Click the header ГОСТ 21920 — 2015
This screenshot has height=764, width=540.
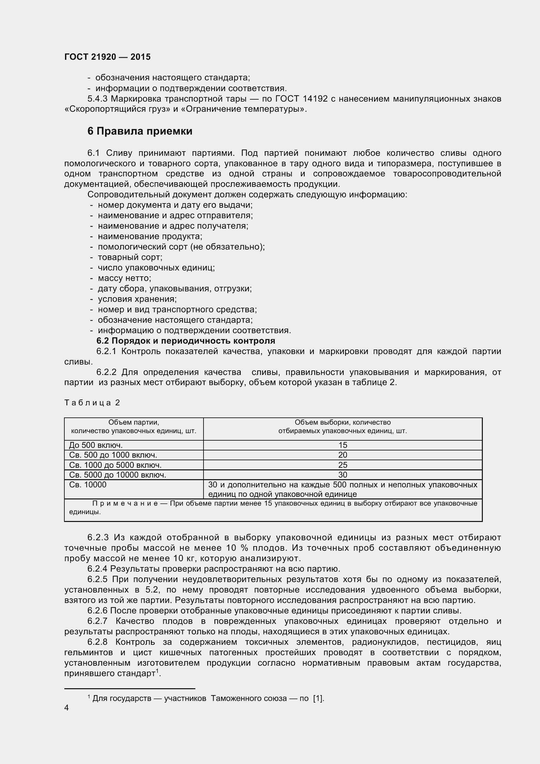pos(107,57)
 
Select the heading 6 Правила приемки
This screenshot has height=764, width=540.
pos(140,131)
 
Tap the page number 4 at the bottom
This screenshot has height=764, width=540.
pos(67,707)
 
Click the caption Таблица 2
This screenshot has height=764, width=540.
pos(92,403)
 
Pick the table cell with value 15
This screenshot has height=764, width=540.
pos(342,445)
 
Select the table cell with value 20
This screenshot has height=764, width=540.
pos(342,455)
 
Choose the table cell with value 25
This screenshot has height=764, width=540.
pos(342,465)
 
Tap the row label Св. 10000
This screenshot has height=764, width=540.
pos(88,484)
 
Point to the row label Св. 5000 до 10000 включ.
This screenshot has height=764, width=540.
pos(118,475)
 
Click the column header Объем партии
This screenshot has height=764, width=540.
pos(134,423)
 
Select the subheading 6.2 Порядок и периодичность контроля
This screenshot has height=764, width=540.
pos(186,341)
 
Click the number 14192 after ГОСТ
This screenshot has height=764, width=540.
pos(316,99)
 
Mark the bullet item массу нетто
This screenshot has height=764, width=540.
pos(124,278)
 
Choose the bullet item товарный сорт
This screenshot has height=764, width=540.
pos(130,257)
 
